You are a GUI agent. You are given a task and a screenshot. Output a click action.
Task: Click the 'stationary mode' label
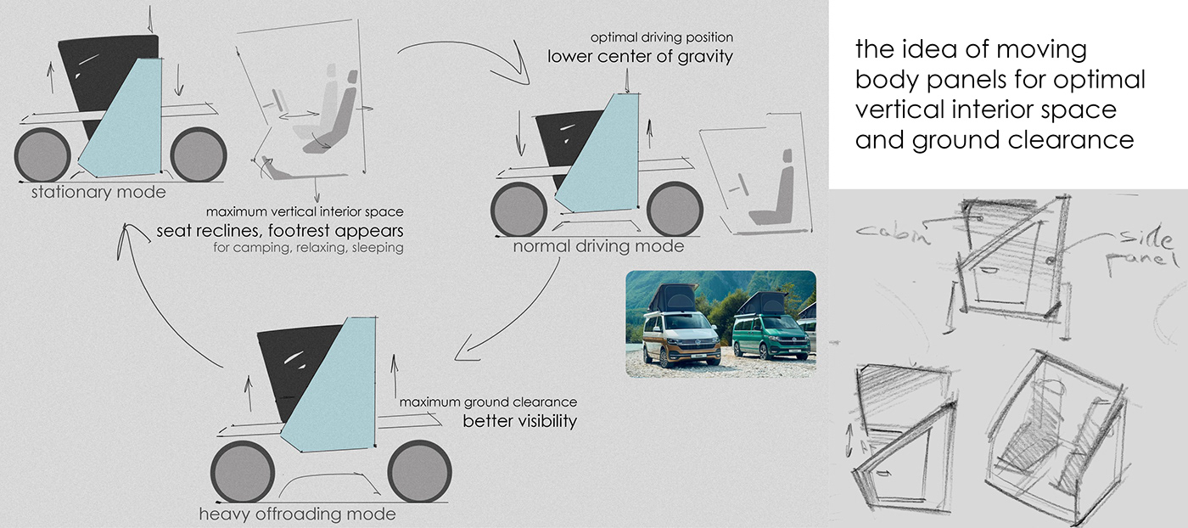click(x=98, y=192)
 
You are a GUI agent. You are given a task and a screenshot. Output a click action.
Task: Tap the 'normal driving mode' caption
click(x=598, y=247)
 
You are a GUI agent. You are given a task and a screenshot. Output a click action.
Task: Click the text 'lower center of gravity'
click(x=640, y=58)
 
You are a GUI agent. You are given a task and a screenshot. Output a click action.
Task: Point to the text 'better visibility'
click(x=519, y=420)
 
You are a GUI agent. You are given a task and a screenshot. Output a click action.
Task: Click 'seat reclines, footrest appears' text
click(x=280, y=231)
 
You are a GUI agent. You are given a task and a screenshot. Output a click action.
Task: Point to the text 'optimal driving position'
click(x=663, y=38)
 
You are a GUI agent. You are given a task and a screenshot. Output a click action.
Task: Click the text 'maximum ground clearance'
click(x=488, y=402)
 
